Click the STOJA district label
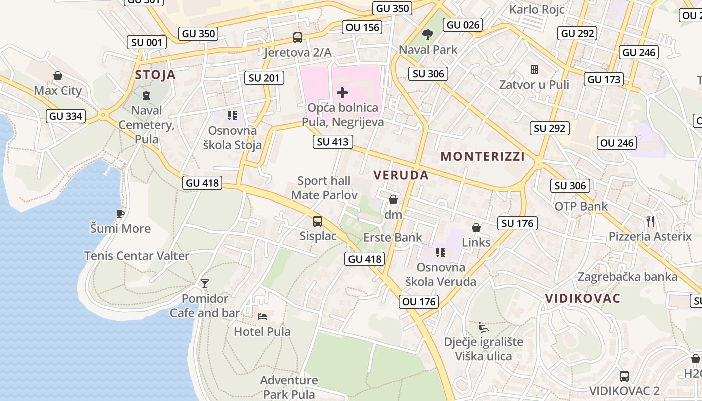[155, 75]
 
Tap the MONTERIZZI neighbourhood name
[483, 157]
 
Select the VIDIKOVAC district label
[583, 298]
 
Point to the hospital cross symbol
[342, 93]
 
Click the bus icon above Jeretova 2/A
[298, 38]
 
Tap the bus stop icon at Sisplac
[318, 221]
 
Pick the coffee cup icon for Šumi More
[120, 214]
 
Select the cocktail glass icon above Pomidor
[205, 284]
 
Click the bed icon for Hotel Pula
[262, 317]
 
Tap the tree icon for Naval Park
[428, 35]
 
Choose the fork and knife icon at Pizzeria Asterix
[650, 221]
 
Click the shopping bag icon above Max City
[58, 76]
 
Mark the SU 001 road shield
[147, 43]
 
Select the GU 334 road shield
[66, 117]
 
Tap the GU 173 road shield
[604, 79]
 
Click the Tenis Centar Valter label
[136, 256]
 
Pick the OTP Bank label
[581, 206]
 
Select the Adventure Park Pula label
[289, 387]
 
